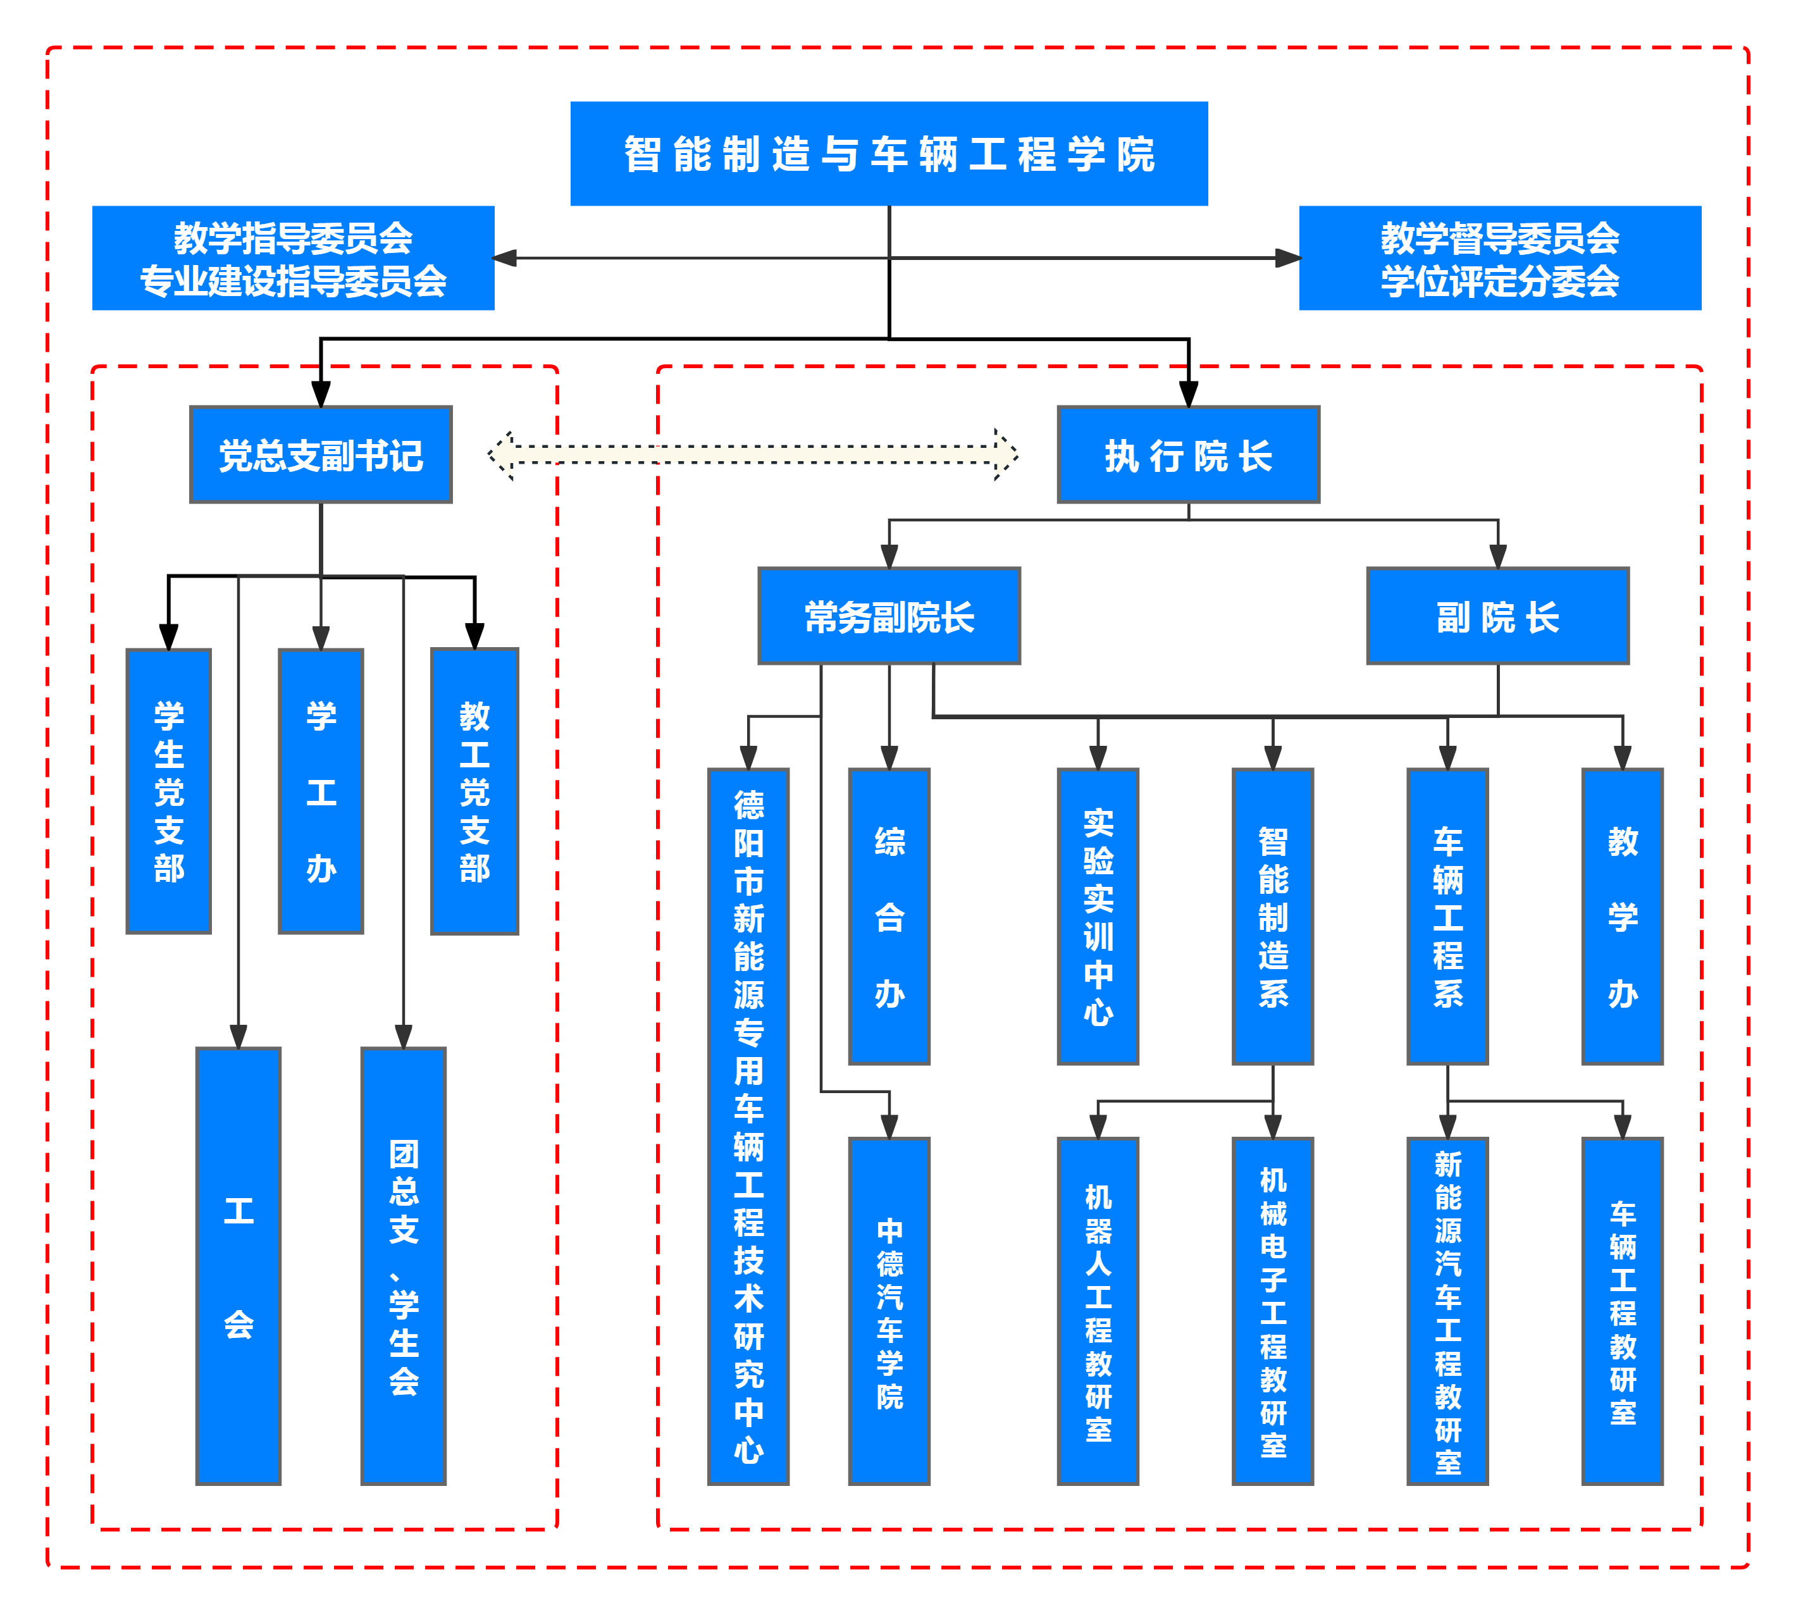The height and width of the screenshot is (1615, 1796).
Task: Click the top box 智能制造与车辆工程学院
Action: (x=888, y=154)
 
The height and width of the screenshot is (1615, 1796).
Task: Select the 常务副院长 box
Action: (x=888, y=616)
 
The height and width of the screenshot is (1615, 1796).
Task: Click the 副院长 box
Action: (x=1497, y=616)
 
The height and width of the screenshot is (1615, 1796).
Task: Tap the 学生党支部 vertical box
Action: (x=169, y=791)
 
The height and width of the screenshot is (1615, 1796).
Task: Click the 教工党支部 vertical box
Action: (x=474, y=791)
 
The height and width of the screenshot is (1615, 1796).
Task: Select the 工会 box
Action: (x=238, y=1265)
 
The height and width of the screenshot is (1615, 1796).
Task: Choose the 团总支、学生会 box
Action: (x=403, y=1265)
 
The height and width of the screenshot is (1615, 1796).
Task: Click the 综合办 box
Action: (x=888, y=916)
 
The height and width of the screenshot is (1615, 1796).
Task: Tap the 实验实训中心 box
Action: (x=1098, y=916)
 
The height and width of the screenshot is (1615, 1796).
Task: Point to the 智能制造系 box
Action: (x=1272, y=916)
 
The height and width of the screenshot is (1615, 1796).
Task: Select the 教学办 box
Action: (x=1622, y=916)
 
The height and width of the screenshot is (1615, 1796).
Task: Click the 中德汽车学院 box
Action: (x=888, y=1309)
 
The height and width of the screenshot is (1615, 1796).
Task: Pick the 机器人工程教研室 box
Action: (x=1098, y=1309)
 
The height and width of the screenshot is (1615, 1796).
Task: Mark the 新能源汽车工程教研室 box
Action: (x=1447, y=1309)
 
